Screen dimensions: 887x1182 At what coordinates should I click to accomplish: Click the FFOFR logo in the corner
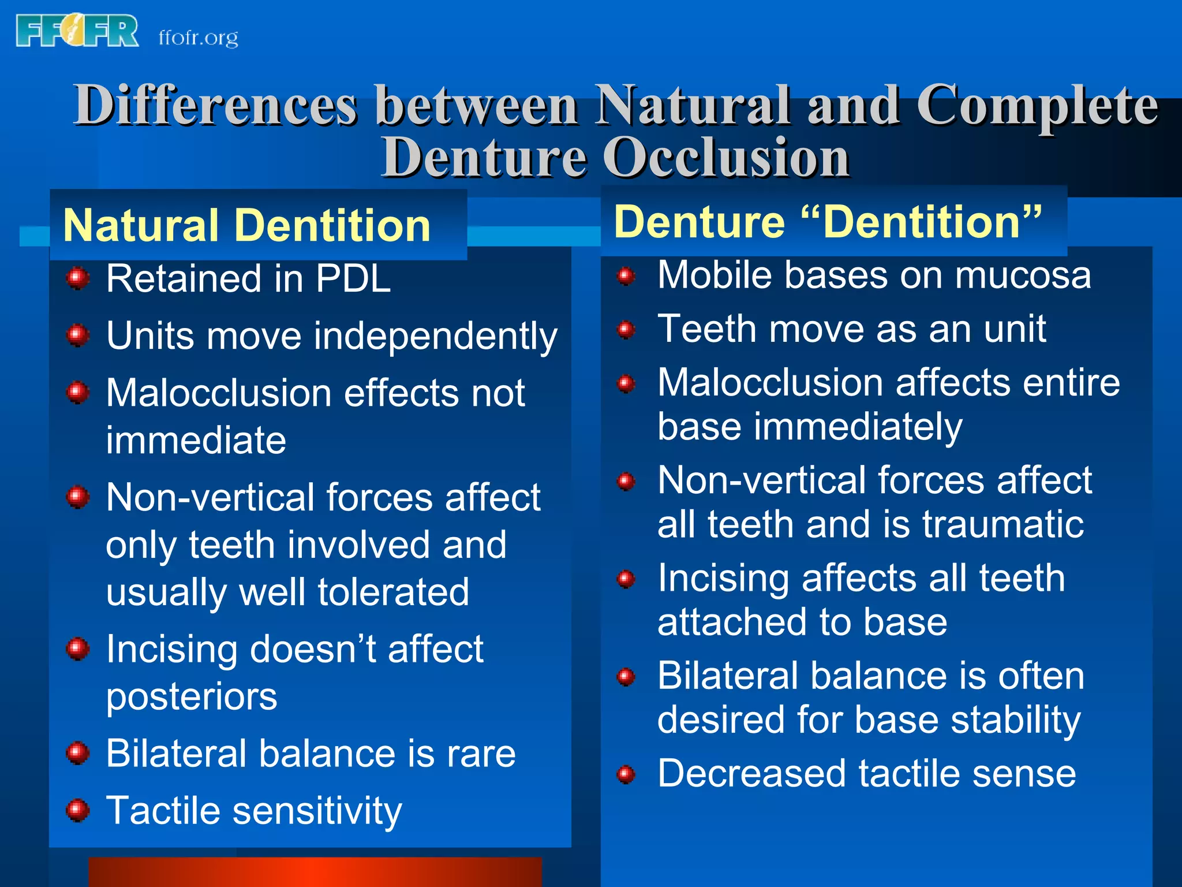[77, 31]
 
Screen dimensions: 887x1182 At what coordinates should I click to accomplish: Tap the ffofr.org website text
[198, 38]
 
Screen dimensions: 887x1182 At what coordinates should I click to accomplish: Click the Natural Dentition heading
[247, 225]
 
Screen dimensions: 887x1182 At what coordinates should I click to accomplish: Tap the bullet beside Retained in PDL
[77, 279]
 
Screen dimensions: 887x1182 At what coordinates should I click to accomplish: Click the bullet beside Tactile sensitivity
[77, 810]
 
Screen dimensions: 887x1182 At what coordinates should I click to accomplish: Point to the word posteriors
[191, 696]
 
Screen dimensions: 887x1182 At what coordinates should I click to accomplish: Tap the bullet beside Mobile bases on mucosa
[626, 275]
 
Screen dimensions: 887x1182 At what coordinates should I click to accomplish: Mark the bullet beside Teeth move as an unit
[626, 330]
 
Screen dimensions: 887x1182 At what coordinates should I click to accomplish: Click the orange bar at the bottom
[315, 872]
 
